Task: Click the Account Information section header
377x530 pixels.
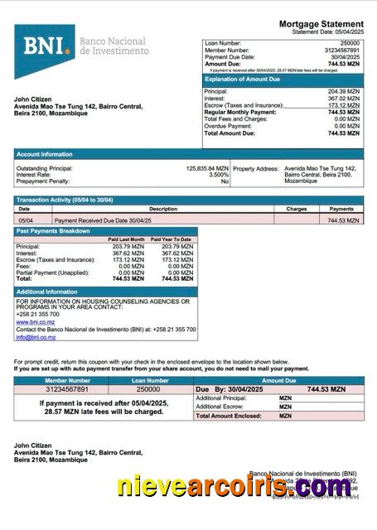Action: point(45,154)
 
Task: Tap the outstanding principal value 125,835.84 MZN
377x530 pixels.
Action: point(196,168)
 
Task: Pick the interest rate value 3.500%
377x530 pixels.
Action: point(218,175)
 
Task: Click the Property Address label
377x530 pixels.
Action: point(255,168)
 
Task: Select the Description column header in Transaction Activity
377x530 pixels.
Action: point(163,210)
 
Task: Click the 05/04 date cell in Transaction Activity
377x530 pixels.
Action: point(26,220)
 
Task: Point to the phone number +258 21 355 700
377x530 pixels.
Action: point(35,315)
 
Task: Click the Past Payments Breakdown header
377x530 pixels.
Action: point(53,231)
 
